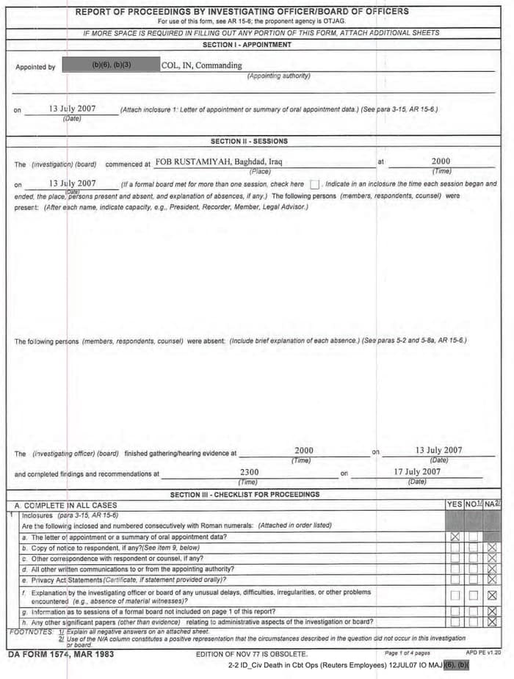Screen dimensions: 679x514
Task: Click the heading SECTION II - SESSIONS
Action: [x=249, y=141]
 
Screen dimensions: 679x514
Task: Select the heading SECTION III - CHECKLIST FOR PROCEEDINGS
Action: [x=245, y=495]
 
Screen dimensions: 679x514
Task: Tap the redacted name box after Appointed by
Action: [x=111, y=65]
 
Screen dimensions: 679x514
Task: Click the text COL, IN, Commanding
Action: [x=201, y=65]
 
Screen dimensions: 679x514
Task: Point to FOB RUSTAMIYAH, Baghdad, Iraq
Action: [x=219, y=161]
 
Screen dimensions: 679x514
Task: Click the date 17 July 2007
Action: [x=417, y=472]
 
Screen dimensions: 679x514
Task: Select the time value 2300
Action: [x=249, y=472]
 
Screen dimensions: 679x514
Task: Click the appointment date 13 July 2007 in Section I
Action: [x=72, y=109]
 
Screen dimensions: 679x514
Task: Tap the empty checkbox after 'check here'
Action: [x=314, y=184]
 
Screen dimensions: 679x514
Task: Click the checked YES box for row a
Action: [x=455, y=537]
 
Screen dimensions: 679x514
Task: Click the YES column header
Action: [x=455, y=504]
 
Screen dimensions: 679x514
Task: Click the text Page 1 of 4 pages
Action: [x=408, y=653]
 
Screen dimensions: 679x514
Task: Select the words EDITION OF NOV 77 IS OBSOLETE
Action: [x=252, y=653]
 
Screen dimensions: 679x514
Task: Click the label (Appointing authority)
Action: [x=278, y=76]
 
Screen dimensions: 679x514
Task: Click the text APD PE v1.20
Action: [x=483, y=652]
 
